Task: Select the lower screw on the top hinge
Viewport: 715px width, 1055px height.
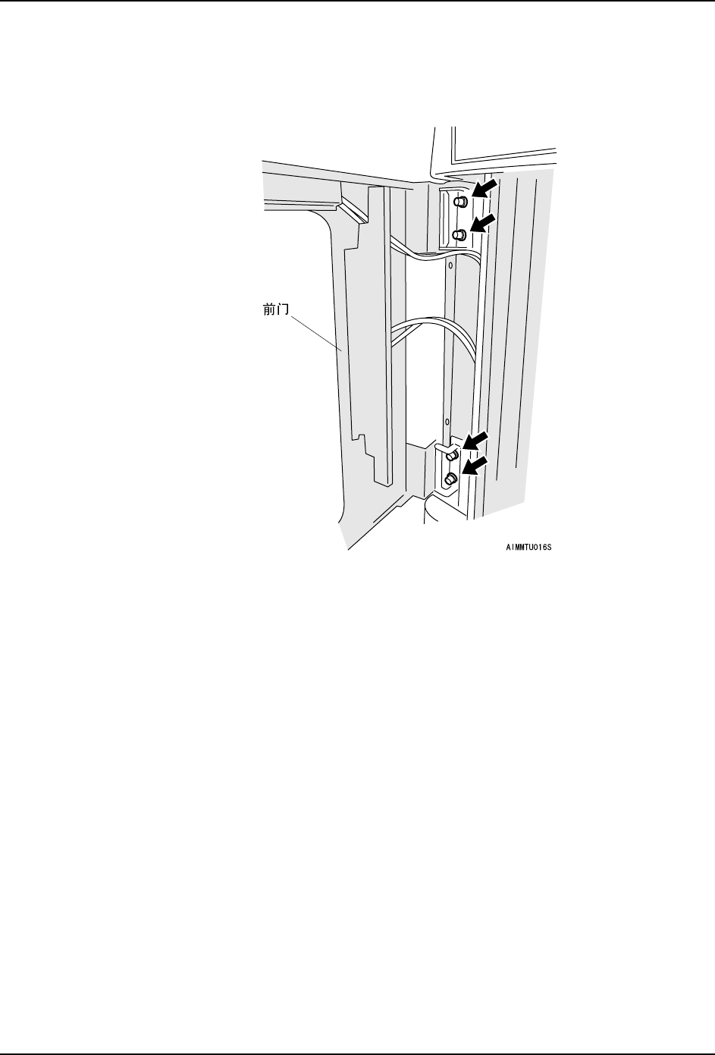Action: pyautogui.click(x=459, y=235)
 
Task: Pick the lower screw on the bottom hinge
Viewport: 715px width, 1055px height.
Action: pyautogui.click(x=450, y=479)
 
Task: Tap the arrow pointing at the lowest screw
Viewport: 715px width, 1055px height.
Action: pyautogui.click(x=475, y=467)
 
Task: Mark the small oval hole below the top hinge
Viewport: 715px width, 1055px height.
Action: pyautogui.click(x=450, y=266)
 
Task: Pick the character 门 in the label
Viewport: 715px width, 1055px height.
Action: pyautogui.click(x=275, y=310)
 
